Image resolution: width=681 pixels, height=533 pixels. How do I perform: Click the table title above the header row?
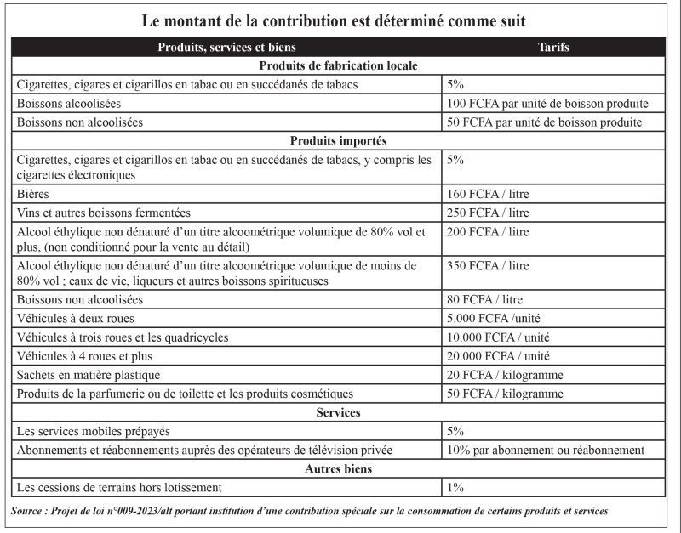pyautogui.click(x=340, y=19)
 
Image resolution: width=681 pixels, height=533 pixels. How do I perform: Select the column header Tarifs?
pyautogui.click(x=553, y=48)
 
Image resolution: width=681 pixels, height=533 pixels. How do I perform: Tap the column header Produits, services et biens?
pyautogui.click(x=226, y=48)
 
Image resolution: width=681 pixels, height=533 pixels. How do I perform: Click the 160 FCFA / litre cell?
pyautogui.click(x=488, y=194)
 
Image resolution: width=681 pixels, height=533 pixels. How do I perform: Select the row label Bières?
pyautogui.click(x=32, y=194)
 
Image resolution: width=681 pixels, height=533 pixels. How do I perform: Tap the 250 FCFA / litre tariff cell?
pyautogui.click(x=488, y=213)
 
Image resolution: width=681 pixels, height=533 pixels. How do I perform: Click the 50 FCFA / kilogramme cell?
pyautogui.click(x=505, y=394)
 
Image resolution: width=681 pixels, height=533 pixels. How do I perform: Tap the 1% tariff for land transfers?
pyautogui.click(x=455, y=487)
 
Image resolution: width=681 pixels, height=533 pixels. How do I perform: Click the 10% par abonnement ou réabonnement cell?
pyautogui.click(x=545, y=450)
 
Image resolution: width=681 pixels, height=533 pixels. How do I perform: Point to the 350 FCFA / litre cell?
pyautogui.click(x=488, y=266)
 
